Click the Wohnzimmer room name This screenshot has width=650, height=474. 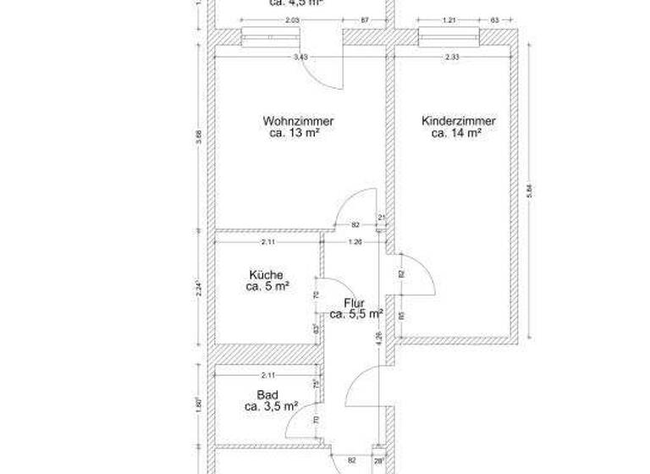292,121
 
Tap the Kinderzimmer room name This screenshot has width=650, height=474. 458,121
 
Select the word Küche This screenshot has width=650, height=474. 266,274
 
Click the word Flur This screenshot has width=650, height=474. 355,302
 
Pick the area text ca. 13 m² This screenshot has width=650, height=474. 294,133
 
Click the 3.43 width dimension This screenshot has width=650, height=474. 300,57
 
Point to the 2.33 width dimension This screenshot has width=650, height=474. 453,57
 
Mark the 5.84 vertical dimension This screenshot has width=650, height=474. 530,191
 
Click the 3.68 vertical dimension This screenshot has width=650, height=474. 199,135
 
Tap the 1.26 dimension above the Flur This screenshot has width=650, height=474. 356,243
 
